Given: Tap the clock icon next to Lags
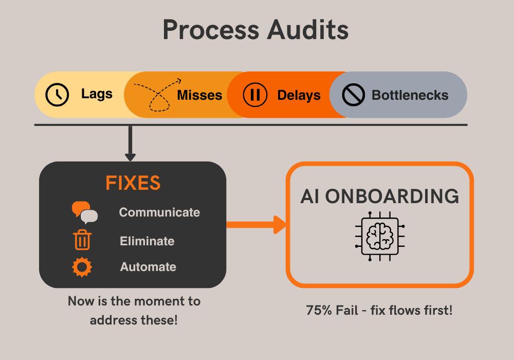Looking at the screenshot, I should pos(57,95).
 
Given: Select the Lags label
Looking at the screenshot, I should pos(97,94).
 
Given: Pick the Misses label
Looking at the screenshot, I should pos(199,95).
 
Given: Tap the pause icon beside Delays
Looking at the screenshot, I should pos(255,95).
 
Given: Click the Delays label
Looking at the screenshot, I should pos(299,95).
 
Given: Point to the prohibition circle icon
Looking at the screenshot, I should pos(354,95).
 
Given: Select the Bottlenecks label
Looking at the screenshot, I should pos(410,95).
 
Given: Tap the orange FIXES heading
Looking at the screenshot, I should pos(133,184).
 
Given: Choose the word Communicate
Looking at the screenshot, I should pos(159,212).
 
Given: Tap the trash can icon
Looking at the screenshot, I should pos(82,240).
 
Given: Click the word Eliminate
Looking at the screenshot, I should pos(147,241).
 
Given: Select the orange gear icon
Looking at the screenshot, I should pos(82,267).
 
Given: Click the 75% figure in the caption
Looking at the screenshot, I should pos(318,311).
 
